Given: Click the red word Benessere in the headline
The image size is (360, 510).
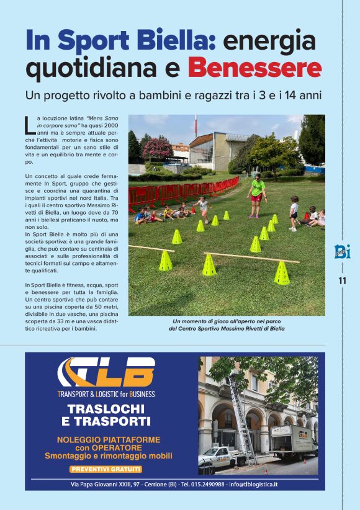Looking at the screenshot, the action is pos(254,67).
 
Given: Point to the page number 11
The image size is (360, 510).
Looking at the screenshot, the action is pos(342,280).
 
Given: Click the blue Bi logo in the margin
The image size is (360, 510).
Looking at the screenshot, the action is pos(342,251).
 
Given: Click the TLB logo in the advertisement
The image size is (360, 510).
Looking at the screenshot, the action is pos(106,372).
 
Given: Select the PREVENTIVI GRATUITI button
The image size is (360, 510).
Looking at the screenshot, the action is pos(106,469).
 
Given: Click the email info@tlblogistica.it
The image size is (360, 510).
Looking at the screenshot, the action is pos(253,484).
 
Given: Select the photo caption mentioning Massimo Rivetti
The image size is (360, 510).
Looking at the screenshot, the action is pos(226,325).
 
